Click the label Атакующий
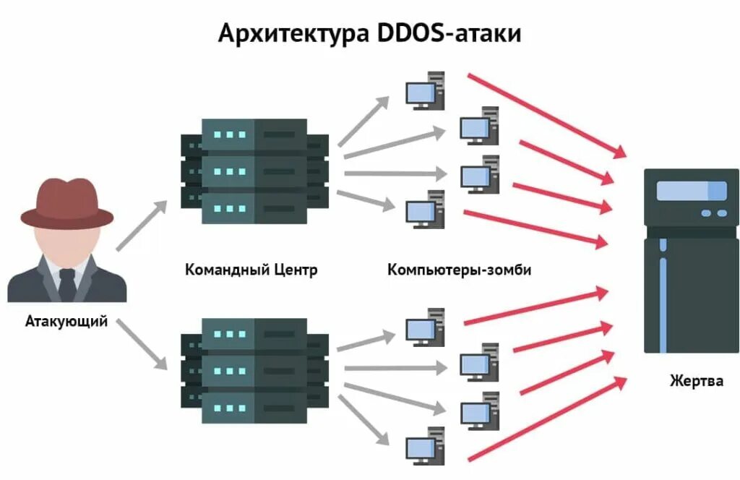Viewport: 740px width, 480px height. pyautogui.click(x=66, y=321)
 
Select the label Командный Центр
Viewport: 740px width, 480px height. pyautogui.click(x=251, y=270)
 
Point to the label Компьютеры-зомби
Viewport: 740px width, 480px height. pyautogui.click(x=460, y=270)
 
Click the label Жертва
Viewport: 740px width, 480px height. pyautogui.click(x=696, y=380)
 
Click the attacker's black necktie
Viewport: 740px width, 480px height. pyautogui.click(x=67, y=284)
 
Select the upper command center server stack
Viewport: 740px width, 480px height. pyautogui.click(x=254, y=171)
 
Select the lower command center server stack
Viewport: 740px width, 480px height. pyautogui.click(x=254, y=370)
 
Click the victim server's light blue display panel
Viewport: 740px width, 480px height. pyautogui.click(x=691, y=191)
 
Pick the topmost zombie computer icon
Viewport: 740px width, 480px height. pyautogui.click(x=425, y=90)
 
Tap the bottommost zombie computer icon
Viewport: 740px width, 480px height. pyautogui.click(x=425, y=445)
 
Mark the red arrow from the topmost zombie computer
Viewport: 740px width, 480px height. pyautogui.click(x=546, y=114)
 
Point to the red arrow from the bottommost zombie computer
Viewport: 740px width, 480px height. pyautogui.click(x=546, y=419)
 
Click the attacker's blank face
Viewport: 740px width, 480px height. pyautogui.click(x=66, y=243)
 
